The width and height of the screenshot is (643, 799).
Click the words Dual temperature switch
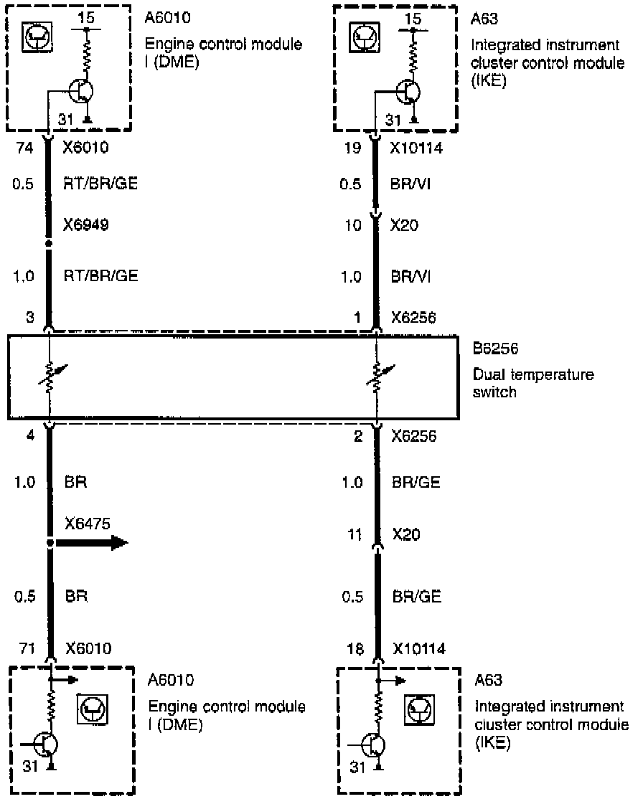[x=532, y=384]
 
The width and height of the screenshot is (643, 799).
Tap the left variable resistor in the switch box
[x=50, y=377]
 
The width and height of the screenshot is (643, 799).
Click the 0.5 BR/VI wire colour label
[x=411, y=184]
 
